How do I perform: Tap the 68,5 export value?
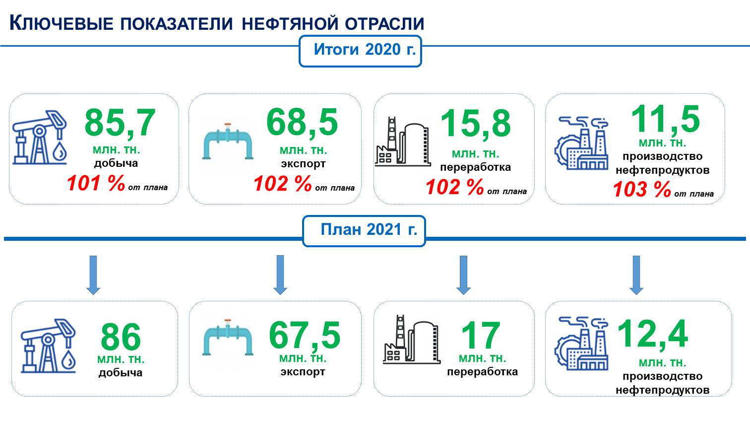click(302, 123)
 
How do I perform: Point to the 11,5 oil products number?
click(665, 119)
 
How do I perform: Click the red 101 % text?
click(96, 183)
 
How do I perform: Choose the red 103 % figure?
click(642, 189)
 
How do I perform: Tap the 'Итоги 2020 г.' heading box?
click(360, 51)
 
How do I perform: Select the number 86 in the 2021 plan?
click(121, 337)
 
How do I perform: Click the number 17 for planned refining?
click(481, 336)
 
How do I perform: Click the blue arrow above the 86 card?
click(93, 275)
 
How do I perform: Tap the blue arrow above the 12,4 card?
click(636, 275)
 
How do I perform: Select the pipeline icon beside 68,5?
click(228, 141)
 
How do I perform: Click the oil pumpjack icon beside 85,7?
click(40, 138)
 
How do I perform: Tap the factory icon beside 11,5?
click(581, 143)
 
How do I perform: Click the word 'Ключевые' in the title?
click(62, 23)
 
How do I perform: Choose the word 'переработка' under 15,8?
click(475, 167)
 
